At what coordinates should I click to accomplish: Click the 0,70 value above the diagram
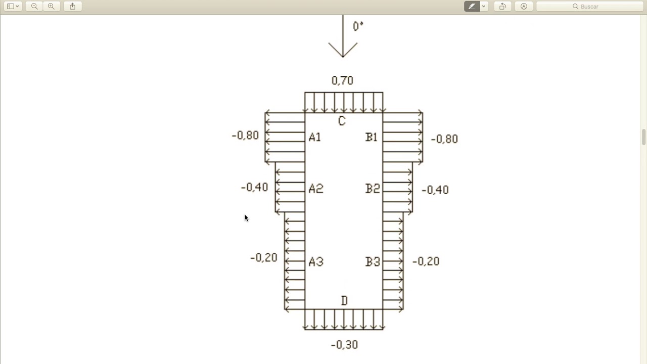(x=342, y=80)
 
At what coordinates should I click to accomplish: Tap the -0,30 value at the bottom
(x=344, y=345)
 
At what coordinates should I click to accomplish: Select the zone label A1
(x=315, y=137)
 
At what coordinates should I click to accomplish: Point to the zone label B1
(x=372, y=137)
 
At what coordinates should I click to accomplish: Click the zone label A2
(x=316, y=189)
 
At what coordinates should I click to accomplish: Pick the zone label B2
(x=373, y=189)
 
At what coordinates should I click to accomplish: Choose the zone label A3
(x=316, y=262)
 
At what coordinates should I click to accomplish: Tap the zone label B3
(x=373, y=262)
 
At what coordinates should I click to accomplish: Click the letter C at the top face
(x=342, y=121)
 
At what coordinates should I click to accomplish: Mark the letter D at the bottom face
(x=344, y=301)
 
